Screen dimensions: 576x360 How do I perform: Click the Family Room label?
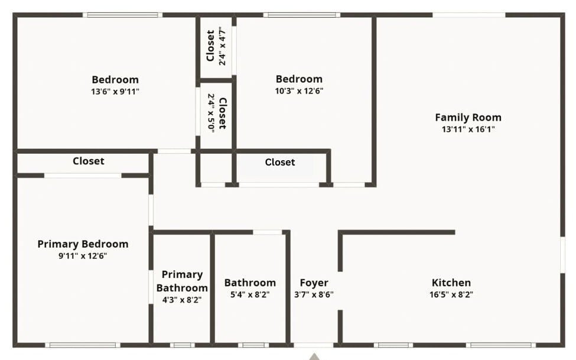468,117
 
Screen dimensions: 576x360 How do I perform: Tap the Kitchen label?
451,283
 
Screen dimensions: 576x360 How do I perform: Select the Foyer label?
314,283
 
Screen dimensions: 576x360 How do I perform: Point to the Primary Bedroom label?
83,244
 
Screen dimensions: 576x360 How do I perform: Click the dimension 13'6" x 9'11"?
115,92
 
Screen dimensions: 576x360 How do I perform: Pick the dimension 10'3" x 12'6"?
299,91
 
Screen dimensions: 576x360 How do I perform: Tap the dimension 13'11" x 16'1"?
468,129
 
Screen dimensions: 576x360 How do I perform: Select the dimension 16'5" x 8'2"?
451,294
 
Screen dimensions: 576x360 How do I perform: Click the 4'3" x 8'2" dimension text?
182,300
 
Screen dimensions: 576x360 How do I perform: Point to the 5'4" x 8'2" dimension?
250,294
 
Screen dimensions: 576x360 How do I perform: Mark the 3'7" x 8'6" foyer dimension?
314,294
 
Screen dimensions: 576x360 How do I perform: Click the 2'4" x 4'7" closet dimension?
222,46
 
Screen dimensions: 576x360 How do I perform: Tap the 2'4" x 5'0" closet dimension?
211,113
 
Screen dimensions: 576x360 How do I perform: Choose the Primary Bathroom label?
182,281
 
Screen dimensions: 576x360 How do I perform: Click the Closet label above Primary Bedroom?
88,161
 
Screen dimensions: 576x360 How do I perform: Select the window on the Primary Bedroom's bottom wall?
83,345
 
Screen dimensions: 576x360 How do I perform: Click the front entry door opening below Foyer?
314,345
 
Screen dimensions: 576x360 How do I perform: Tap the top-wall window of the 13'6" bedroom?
122,15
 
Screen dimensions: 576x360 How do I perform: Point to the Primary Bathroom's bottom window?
182,345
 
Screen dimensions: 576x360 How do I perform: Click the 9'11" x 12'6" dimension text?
83,256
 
